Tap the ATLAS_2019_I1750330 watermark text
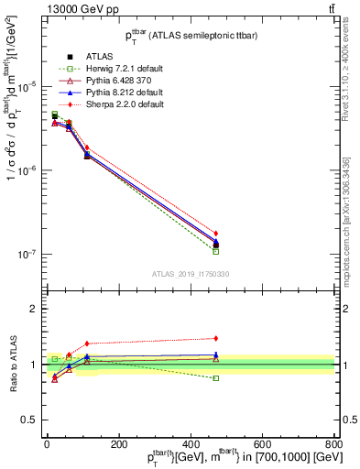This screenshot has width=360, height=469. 190,273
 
